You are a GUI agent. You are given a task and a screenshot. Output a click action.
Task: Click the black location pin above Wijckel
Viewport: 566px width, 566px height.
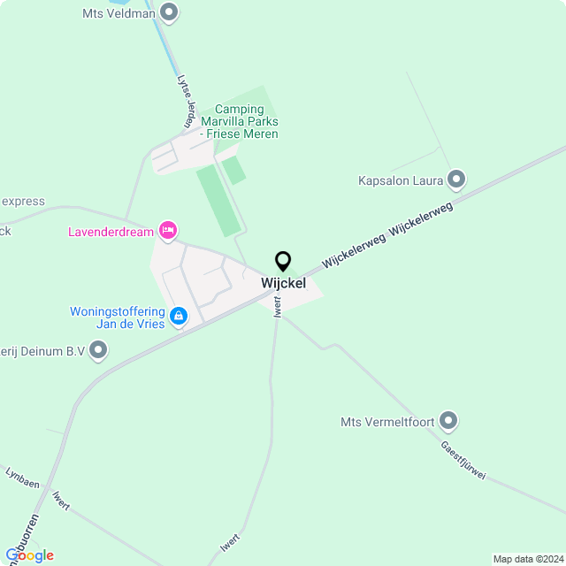pyautogui.click(x=283, y=261)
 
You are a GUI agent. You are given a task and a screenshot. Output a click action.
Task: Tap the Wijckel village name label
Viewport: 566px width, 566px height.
pyautogui.click(x=283, y=283)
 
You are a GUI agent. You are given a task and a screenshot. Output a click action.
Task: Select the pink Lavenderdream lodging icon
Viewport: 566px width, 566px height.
pyautogui.click(x=167, y=231)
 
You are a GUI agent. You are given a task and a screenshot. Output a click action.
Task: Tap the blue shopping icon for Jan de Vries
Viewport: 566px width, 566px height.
pyautogui.click(x=179, y=316)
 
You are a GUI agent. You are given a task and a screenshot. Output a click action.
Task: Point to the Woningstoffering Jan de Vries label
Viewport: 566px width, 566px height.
pyautogui.click(x=118, y=317)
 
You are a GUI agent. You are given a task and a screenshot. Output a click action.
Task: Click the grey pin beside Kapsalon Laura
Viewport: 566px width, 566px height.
pyautogui.click(x=456, y=180)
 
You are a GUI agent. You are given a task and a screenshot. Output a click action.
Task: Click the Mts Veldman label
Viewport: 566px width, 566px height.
pyautogui.click(x=118, y=14)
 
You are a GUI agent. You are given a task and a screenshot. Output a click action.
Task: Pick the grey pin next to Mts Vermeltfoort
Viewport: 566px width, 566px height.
pyautogui.click(x=449, y=421)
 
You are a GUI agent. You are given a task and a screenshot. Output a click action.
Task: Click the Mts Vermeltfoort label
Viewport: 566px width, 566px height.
pyautogui.click(x=387, y=422)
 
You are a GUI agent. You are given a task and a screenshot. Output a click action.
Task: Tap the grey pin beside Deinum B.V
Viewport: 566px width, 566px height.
pyautogui.click(x=99, y=351)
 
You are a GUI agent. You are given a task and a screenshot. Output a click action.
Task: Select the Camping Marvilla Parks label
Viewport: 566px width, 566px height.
pyautogui.click(x=239, y=122)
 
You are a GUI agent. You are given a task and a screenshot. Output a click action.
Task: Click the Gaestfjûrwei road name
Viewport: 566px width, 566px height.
pyautogui.click(x=463, y=460)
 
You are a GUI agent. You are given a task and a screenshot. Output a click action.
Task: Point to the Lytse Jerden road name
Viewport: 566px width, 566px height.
pyautogui.click(x=187, y=98)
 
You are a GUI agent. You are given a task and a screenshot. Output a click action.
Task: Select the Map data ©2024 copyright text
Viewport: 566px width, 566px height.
pyautogui.click(x=528, y=559)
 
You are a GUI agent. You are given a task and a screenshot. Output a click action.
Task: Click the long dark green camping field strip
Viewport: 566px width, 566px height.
pyautogui.click(x=218, y=200)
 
